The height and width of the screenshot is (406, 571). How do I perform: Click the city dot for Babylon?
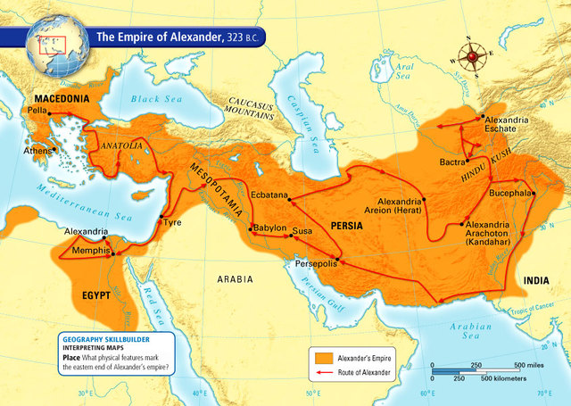click(x=252, y=228)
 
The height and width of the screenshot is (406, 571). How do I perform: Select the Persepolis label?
click(x=310, y=264)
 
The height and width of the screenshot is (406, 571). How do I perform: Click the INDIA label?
click(x=536, y=280)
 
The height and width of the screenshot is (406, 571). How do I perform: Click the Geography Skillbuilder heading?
click(x=104, y=339)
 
